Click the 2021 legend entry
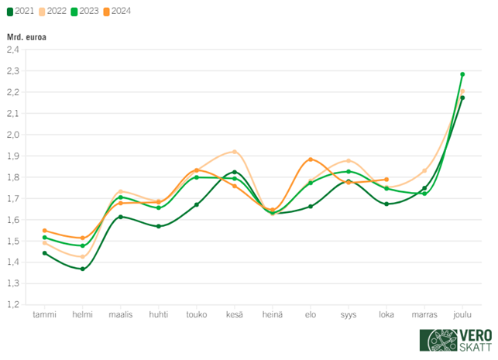coord(21,11)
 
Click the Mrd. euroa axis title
coord(26,37)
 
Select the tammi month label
coord(44,315)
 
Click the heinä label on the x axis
coord(273,315)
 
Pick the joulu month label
coord(462,315)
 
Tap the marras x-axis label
coord(424,315)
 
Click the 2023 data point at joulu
coord(462,74)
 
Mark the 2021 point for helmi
coord(83,269)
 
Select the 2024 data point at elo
coord(311,159)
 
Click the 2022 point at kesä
coord(235,152)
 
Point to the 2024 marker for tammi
coord(45,231)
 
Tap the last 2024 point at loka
coord(386,180)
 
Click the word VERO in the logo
coord(468,334)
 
